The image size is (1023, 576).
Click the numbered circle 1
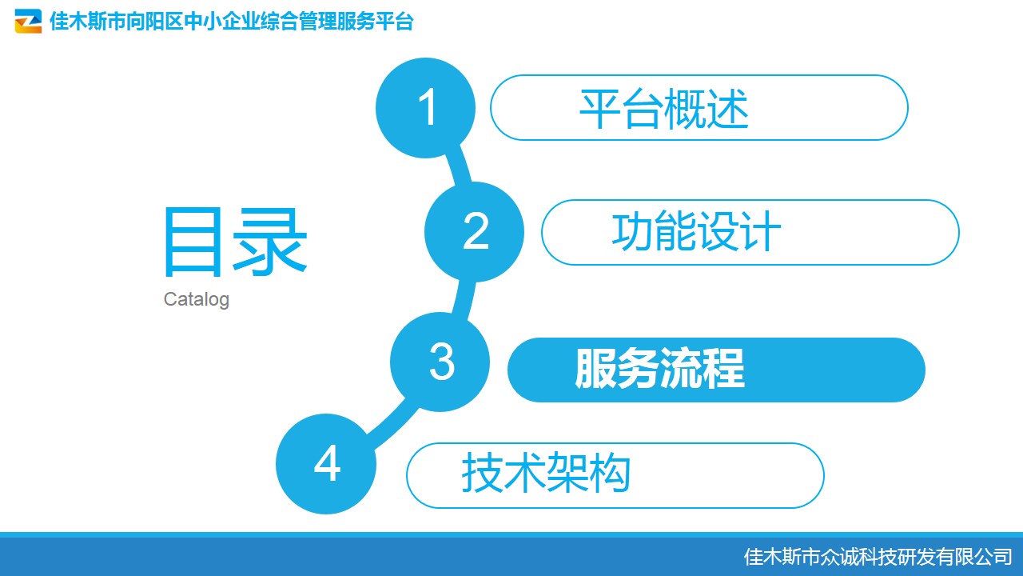click(x=425, y=108)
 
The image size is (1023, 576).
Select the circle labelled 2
click(x=474, y=232)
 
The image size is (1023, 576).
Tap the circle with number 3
click(x=440, y=362)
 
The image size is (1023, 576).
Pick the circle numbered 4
click(x=326, y=463)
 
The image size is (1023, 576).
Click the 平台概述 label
click(x=664, y=109)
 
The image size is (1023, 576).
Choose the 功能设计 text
click(x=696, y=232)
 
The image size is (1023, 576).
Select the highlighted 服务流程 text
click(x=660, y=369)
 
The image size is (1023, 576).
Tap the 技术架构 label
click(x=546, y=473)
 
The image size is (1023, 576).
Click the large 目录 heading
click(x=235, y=242)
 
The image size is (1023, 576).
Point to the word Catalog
click(x=197, y=300)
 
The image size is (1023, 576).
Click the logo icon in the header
click(x=28, y=21)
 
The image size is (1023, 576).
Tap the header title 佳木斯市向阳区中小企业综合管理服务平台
click(x=232, y=21)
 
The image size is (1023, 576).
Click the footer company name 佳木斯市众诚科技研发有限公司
click(x=878, y=557)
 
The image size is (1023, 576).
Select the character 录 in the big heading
click(x=270, y=242)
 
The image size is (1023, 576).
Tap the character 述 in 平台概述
click(x=727, y=109)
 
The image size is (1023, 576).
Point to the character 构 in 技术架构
click(x=609, y=473)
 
